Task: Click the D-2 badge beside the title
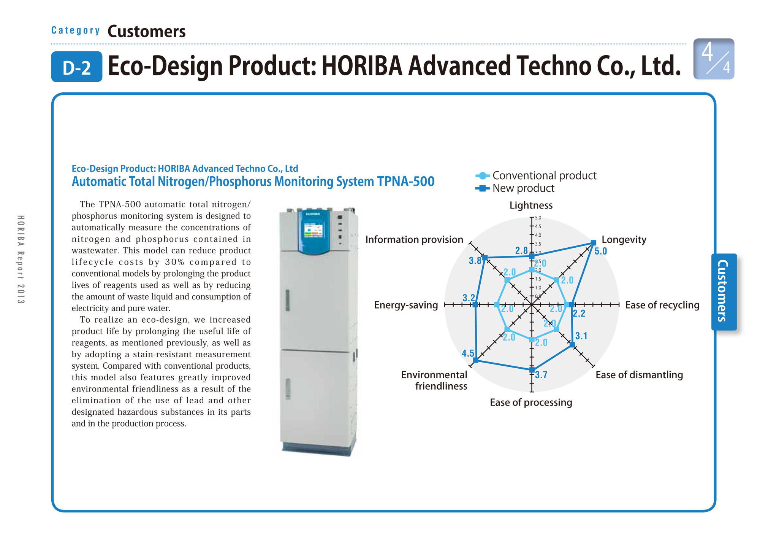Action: pos(76,67)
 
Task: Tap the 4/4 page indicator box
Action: pos(713,59)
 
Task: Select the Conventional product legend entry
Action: pos(536,175)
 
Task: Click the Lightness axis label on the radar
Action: pos(531,205)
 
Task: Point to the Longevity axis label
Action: pos(624,240)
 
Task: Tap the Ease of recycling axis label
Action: pos(662,305)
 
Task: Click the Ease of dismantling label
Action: pos(639,375)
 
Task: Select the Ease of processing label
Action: pos(531,403)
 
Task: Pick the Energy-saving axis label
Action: pos(406,305)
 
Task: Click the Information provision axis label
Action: pos(414,240)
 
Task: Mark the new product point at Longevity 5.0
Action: pos(593,243)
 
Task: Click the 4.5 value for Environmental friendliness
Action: pos(468,353)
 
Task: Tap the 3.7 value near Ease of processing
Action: pos(541,375)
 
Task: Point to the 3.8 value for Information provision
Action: pos(475,261)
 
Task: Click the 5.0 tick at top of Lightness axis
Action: pos(538,218)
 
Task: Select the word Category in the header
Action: pos(76,30)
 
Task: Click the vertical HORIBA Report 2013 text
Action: pos(21,259)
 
